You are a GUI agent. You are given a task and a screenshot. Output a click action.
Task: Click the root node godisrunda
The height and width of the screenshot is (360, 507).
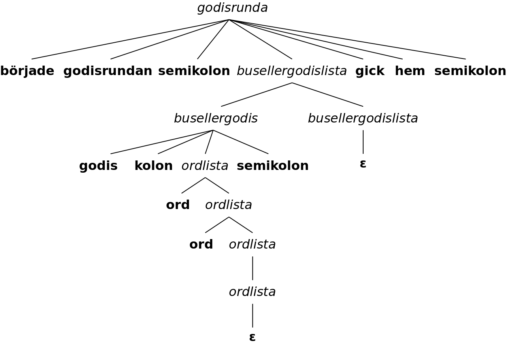[x=232, y=8]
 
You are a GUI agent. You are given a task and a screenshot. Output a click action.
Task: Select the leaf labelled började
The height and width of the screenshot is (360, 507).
[x=27, y=71]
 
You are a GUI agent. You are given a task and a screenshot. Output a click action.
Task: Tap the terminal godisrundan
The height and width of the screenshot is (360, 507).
[x=107, y=71]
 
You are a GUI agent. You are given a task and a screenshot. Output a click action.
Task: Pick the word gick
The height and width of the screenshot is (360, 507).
[x=369, y=71]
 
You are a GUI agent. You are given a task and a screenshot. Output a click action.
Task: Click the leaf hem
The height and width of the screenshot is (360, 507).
[x=410, y=71]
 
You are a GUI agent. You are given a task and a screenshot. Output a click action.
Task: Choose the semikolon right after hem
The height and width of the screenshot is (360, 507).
[x=470, y=71]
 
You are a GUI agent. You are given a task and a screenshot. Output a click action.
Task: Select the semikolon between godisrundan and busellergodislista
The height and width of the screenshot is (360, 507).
[x=194, y=71]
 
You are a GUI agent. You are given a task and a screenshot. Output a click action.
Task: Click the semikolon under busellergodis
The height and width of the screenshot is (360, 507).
[x=273, y=166]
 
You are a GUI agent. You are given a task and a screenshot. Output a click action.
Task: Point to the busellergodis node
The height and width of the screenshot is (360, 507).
[x=216, y=119]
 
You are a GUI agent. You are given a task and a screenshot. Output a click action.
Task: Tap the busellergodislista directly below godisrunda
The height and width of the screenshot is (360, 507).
[x=292, y=71]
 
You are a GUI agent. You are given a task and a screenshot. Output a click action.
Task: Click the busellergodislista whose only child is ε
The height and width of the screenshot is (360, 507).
[x=363, y=119]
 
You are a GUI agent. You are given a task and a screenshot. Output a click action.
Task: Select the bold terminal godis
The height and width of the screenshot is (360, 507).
[x=98, y=166]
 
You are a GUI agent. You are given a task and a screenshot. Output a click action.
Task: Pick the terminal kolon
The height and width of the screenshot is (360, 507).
[x=153, y=166]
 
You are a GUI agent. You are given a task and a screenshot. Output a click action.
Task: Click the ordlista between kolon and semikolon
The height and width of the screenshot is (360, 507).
[x=205, y=166]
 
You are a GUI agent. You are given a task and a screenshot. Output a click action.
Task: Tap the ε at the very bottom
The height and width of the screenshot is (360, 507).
[x=253, y=337]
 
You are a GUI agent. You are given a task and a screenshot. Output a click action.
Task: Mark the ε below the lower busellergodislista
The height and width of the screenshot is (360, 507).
[x=363, y=164]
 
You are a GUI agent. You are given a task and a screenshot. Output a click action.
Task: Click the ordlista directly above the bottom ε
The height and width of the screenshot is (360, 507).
[x=252, y=292]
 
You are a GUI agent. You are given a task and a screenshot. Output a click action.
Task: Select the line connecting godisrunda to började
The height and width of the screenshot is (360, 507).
[x=130, y=40]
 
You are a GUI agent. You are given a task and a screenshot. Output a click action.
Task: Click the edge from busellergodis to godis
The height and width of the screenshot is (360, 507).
[x=162, y=142]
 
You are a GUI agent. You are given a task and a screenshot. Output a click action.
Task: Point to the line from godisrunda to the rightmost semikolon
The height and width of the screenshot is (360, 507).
[x=348, y=40]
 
